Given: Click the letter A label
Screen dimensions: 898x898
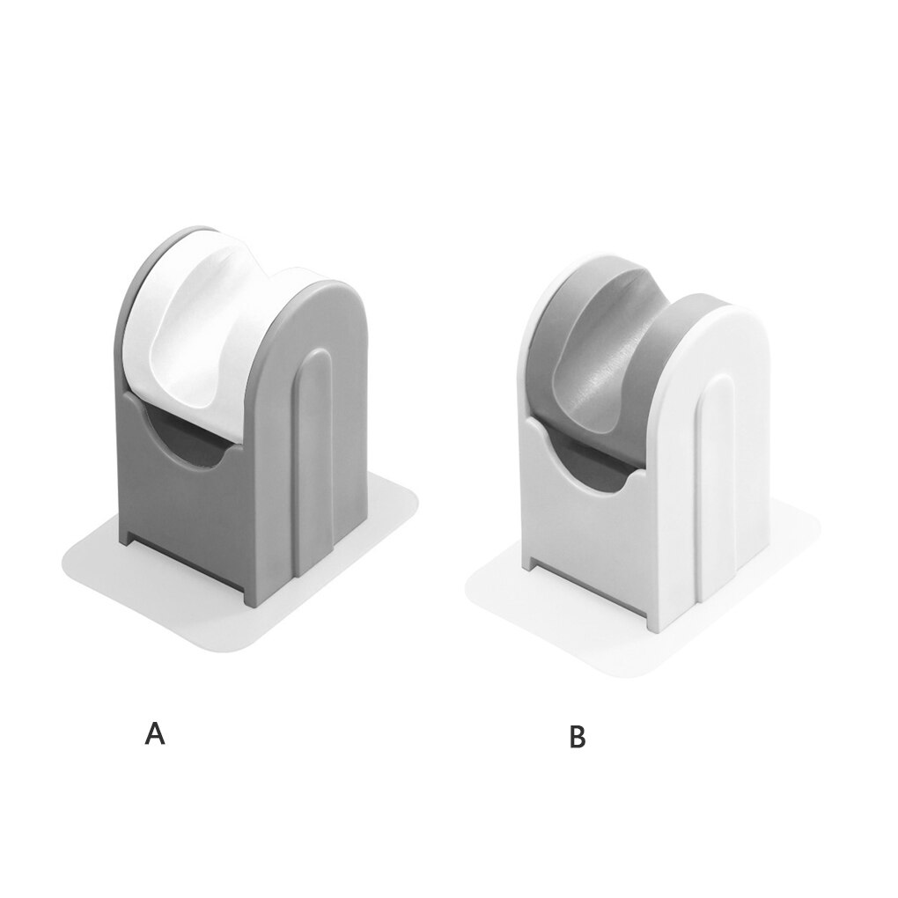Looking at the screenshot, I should (x=155, y=734).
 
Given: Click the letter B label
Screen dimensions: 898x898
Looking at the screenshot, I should (x=578, y=738).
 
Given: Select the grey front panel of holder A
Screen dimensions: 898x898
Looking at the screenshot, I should (x=189, y=511).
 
